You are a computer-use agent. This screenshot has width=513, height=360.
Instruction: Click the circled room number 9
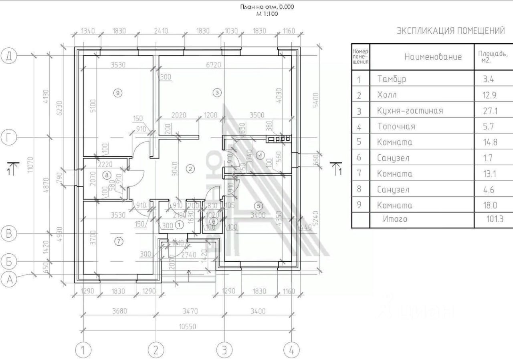(117, 93)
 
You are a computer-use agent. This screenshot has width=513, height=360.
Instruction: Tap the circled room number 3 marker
(217, 93)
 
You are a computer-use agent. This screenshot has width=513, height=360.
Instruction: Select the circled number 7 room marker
(119, 241)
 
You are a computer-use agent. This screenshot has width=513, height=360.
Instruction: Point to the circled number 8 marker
(106, 175)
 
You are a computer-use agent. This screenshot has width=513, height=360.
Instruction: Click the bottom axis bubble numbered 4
(291, 350)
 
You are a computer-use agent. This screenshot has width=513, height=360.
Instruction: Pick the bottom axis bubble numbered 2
(156, 350)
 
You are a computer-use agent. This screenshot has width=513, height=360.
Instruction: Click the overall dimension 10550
(187, 327)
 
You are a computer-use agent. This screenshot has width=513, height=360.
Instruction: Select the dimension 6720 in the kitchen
(213, 65)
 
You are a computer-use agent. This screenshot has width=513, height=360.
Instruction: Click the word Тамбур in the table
(392, 79)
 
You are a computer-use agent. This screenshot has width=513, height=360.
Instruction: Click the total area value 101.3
(493, 219)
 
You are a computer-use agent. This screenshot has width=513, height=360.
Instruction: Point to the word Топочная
(396, 127)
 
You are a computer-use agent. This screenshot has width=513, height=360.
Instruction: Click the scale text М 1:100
(267, 14)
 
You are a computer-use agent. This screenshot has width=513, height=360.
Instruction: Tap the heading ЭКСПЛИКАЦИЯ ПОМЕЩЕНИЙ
(450, 31)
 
